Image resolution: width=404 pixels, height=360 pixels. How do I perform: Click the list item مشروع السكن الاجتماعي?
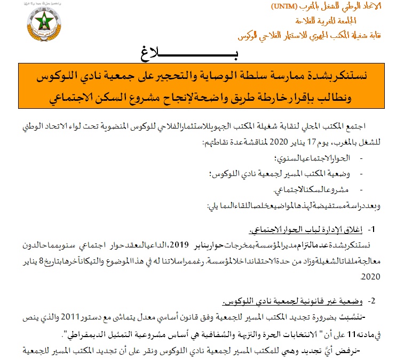311,189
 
